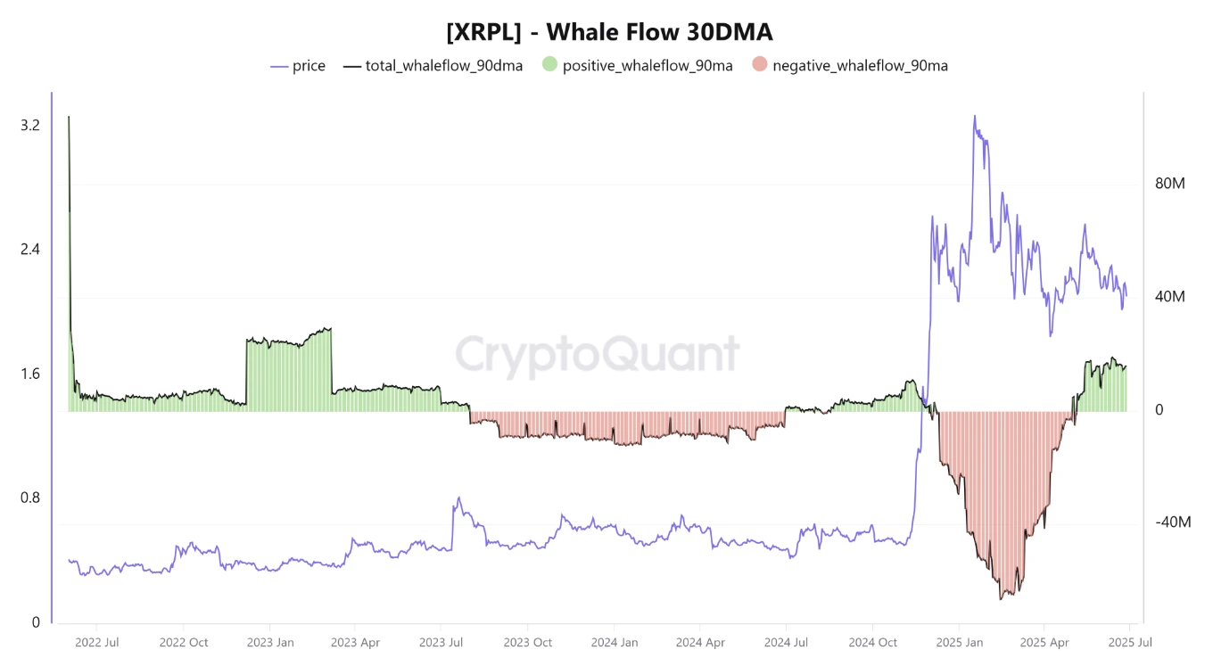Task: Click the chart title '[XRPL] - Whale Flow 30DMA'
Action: tap(609, 32)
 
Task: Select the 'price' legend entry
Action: tap(309, 66)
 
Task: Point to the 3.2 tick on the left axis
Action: tap(30, 126)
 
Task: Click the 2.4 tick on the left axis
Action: tap(30, 250)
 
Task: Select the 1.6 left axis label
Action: tap(30, 374)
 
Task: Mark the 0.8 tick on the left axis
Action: tap(30, 498)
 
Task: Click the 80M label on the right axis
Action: tap(1169, 185)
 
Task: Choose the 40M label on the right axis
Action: tap(1169, 297)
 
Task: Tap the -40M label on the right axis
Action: tap(1172, 522)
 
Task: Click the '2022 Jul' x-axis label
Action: tap(98, 642)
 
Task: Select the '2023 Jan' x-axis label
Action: tap(270, 642)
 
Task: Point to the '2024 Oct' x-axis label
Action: tap(873, 642)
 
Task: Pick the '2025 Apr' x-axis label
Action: tap(1044, 642)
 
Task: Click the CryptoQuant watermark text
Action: tap(598, 354)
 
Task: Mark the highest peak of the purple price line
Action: tap(974, 116)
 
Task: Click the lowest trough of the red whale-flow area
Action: tap(1002, 598)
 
